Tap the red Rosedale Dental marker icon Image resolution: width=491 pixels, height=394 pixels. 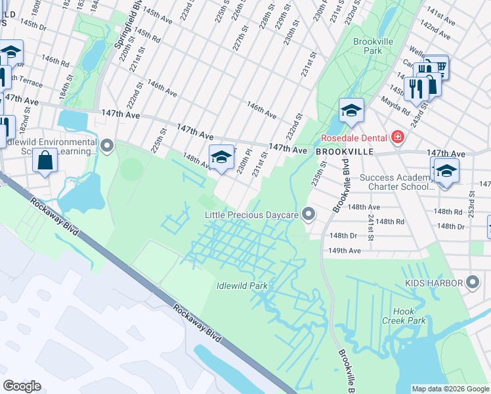(397, 138)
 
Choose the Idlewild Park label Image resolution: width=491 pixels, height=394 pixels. (242, 286)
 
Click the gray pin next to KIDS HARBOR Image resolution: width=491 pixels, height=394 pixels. (473, 282)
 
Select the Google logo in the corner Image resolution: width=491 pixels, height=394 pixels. (22, 385)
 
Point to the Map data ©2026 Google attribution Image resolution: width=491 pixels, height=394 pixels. (450, 389)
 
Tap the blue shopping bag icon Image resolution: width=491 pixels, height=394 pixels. (45, 160)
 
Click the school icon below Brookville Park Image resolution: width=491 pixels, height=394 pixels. (351, 111)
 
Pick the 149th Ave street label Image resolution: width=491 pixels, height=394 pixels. (345, 251)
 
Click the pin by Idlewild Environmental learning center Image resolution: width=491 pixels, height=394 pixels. (107, 144)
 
